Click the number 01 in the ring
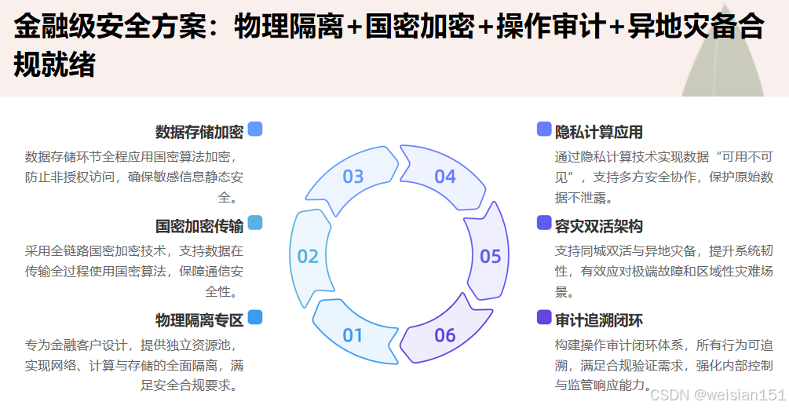pos(353,335)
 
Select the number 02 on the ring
pos(308,256)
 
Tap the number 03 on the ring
pos(353,176)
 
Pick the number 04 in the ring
pos(445,176)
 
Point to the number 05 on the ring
pos(491,256)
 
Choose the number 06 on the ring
pos(445,335)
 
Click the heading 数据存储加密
pos(199,131)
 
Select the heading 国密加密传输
pos(199,226)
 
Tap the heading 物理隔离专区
pos(199,320)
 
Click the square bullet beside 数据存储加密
pos(255,130)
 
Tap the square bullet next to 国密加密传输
pos(255,223)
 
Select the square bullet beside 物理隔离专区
pos(255,317)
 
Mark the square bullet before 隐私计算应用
pos(544,130)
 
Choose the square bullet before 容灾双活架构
pos(544,223)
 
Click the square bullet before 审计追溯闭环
pos(544,317)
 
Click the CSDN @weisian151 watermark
pos(718,395)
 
